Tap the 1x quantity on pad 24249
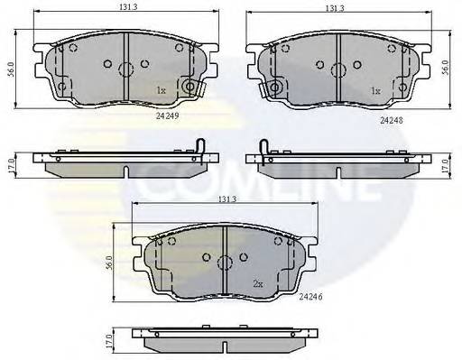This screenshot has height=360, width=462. tap(161, 90)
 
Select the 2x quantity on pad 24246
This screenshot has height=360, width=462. tap(257, 283)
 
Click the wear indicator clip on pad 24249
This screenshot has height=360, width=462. tap(190, 87)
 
